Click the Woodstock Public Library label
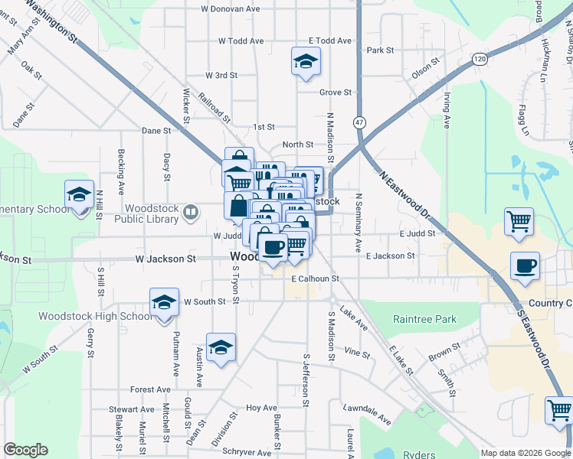(146, 213)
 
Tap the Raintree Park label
(424, 319)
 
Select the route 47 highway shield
(359, 122)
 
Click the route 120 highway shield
(480, 58)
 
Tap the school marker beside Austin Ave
(221, 349)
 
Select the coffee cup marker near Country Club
(525, 266)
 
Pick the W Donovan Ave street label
(231, 9)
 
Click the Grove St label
(335, 93)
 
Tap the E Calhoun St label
(314, 279)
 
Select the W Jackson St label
(159, 259)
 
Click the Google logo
(25, 450)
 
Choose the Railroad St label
(214, 109)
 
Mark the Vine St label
(357, 354)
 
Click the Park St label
(380, 50)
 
